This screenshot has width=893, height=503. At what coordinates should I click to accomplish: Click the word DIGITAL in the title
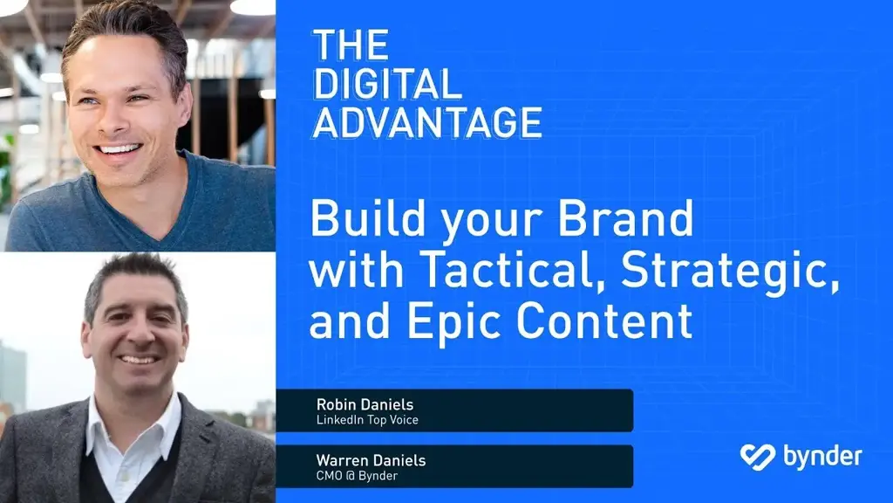(386, 85)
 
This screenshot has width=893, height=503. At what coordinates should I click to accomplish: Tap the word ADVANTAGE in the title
(426, 121)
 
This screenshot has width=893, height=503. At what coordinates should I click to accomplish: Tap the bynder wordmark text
(822, 456)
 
